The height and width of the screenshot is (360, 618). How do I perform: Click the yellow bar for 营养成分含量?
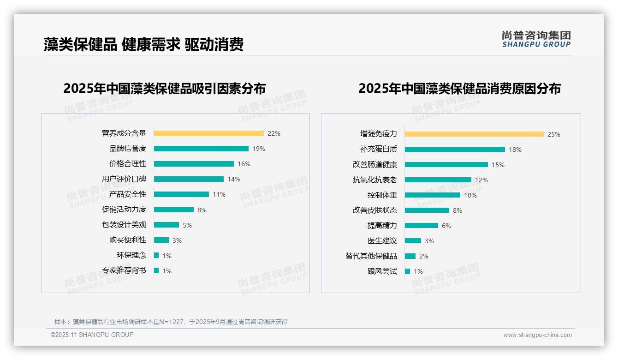click(208, 133)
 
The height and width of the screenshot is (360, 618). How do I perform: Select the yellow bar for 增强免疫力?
click(474, 134)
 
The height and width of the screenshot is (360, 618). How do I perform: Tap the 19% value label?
click(258, 149)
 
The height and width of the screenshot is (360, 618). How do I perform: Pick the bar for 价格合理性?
click(194, 164)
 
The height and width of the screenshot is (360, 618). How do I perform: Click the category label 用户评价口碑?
click(124, 179)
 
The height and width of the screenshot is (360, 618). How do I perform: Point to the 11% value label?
click(219, 194)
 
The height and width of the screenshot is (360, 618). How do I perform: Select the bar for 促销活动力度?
click(174, 210)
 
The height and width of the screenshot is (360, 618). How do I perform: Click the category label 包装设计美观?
click(124, 225)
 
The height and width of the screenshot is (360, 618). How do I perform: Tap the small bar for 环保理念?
click(156, 255)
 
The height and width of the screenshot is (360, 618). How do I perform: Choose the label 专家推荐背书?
click(124, 270)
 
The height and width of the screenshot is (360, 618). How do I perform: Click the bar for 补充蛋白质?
click(455, 150)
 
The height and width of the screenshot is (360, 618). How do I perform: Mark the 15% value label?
click(498, 165)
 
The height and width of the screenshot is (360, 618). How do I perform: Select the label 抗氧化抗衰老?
click(374, 180)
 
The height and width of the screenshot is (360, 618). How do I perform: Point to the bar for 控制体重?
click(433, 195)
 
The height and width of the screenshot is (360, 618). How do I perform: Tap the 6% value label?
click(446, 226)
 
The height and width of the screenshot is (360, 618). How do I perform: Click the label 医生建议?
click(382, 241)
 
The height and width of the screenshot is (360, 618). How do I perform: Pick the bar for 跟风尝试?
click(407, 271)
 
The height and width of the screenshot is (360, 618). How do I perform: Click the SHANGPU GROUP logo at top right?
click(536, 39)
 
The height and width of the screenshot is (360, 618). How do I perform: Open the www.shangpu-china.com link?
click(537, 335)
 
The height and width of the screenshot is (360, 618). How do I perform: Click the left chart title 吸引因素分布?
click(164, 88)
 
